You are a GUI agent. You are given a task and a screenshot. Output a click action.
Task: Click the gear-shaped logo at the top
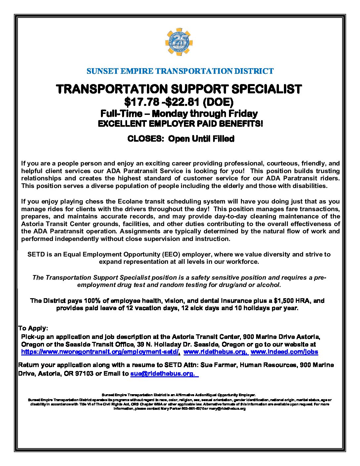pyautogui.click(x=179, y=42)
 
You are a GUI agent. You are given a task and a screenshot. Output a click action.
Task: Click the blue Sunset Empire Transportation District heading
pyautogui.click(x=180, y=71)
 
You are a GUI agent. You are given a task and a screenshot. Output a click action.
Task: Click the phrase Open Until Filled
pyautogui.click(x=201, y=139)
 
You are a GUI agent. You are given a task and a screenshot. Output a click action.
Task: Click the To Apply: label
pyautogui.click(x=33, y=328)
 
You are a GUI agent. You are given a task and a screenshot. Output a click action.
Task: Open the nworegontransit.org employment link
pyautogui.click(x=100, y=351)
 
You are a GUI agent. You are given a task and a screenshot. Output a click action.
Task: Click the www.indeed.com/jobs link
pyautogui.click(x=284, y=351)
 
